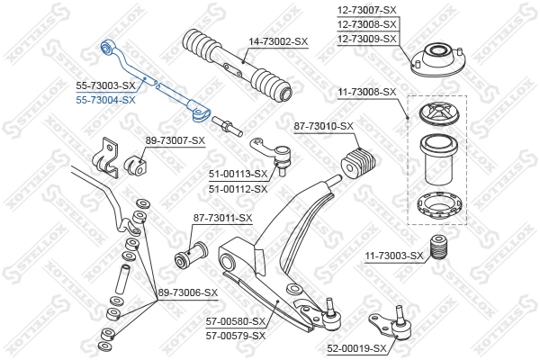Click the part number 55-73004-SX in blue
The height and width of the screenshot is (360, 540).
pyautogui.click(x=104, y=99)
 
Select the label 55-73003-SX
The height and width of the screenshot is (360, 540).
pyautogui.click(x=104, y=85)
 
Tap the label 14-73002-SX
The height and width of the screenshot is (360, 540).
pyautogui.click(x=277, y=41)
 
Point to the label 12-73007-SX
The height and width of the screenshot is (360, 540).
pyautogui.click(x=367, y=9)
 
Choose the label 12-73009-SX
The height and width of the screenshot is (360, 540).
pyautogui.click(x=367, y=39)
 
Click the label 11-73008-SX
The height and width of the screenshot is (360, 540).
pyautogui.click(x=366, y=92)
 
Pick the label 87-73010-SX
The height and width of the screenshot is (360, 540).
pyautogui.click(x=323, y=127)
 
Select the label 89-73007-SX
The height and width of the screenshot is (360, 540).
pyautogui.click(x=175, y=140)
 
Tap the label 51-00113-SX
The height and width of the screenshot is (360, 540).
pyautogui.click(x=238, y=174)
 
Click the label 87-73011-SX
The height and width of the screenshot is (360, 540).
pyautogui.click(x=222, y=218)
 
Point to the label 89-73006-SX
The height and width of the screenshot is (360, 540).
pyautogui.click(x=188, y=292)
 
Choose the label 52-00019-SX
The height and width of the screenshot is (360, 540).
pyautogui.click(x=355, y=347)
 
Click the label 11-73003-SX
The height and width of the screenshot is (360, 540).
pyautogui.click(x=393, y=256)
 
